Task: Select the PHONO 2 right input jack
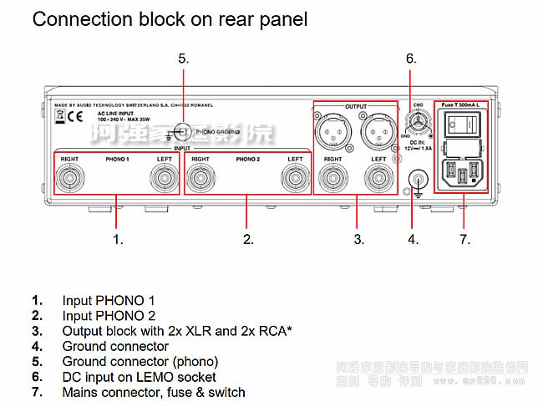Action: pos(200,178)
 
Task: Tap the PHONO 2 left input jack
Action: pos(294,178)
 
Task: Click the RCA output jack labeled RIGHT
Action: pos(332,178)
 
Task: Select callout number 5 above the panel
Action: pos(183,58)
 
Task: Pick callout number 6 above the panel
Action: pos(410,58)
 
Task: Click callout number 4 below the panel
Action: pos(412,239)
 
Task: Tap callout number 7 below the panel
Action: pos(464,239)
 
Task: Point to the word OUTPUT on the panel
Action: pos(356,107)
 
